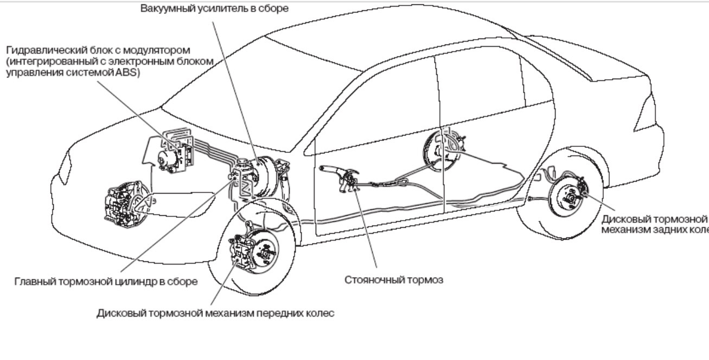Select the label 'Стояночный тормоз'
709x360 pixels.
tap(394, 280)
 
